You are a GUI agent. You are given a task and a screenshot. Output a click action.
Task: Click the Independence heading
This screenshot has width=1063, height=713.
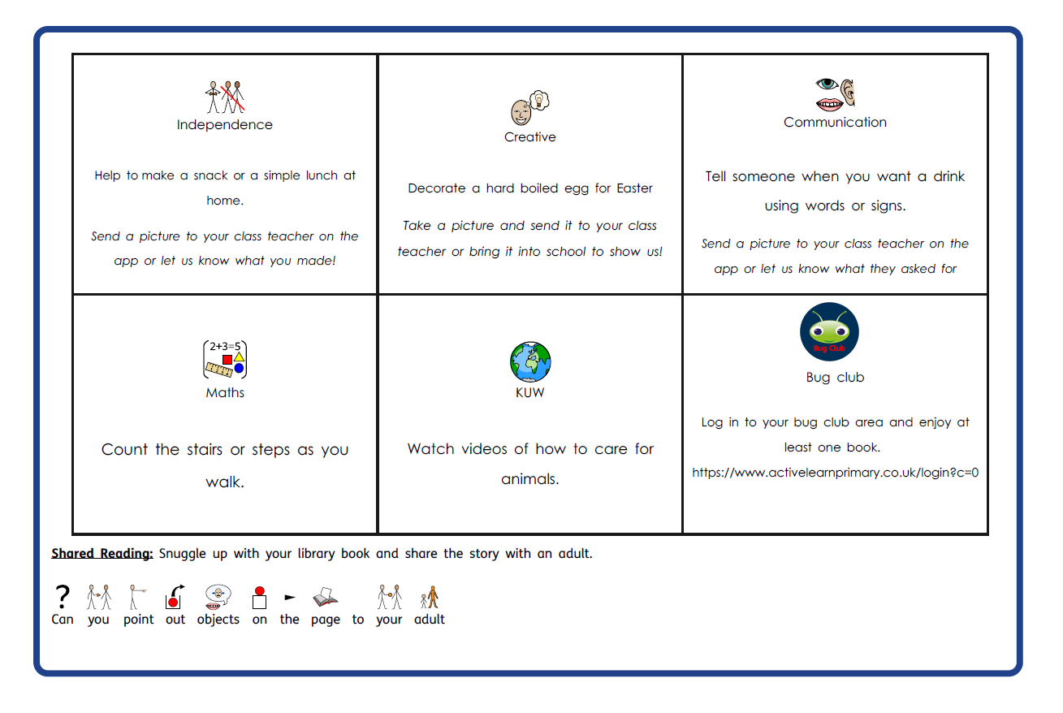click(x=224, y=125)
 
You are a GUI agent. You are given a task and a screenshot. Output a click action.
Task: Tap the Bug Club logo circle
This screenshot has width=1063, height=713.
click(x=829, y=331)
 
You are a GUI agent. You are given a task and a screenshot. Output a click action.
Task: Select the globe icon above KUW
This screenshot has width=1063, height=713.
click(x=530, y=361)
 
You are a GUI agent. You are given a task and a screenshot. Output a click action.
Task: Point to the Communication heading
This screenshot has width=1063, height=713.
click(x=835, y=123)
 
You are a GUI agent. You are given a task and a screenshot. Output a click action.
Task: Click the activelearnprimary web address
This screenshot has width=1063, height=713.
click(x=835, y=472)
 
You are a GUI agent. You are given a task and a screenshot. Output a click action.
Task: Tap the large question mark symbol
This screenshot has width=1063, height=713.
click(x=62, y=597)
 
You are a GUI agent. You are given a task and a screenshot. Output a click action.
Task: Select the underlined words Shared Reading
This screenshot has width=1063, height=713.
click(x=102, y=554)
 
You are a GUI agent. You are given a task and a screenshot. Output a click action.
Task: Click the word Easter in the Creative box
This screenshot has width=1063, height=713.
click(x=634, y=188)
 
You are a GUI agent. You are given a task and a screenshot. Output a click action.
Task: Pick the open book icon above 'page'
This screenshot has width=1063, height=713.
click(x=325, y=598)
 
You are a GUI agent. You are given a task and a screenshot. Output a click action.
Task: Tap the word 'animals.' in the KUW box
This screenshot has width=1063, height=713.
click(x=529, y=479)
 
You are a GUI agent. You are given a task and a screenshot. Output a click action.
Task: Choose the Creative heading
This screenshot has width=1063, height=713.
click(x=529, y=137)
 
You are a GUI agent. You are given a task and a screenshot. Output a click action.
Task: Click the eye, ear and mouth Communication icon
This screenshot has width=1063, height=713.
click(x=835, y=93)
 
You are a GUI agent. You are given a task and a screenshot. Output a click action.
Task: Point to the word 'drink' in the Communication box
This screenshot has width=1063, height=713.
click(x=943, y=176)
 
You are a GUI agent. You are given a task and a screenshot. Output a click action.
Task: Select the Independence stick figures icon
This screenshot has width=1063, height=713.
click(x=224, y=97)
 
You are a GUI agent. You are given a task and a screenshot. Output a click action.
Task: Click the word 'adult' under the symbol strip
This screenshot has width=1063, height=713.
click(x=429, y=620)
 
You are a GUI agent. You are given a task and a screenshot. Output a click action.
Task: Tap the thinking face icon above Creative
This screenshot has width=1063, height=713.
click(x=529, y=107)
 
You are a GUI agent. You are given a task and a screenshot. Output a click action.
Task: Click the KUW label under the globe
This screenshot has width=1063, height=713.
click(x=529, y=393)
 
